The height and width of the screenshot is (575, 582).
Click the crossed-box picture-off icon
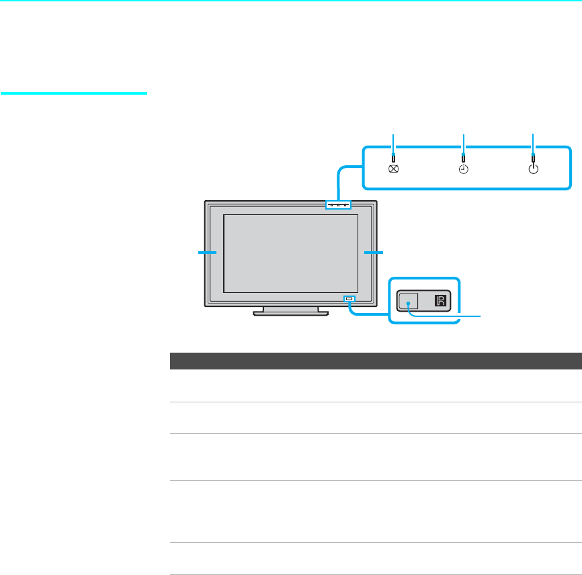(394, 170)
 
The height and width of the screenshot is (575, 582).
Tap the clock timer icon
(464, 170)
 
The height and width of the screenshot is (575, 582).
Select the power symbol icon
(533, 169)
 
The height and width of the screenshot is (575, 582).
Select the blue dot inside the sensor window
(408, 304)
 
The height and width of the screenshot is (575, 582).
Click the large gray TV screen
(290, 253)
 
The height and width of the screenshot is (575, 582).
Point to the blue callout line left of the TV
(207, 252)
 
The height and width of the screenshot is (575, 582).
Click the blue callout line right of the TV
(373, 252)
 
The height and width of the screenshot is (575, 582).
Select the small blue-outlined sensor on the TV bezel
(348, 298)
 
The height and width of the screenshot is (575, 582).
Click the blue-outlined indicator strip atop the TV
(338, 204)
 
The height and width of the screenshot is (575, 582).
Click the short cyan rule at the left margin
(73, 93)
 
